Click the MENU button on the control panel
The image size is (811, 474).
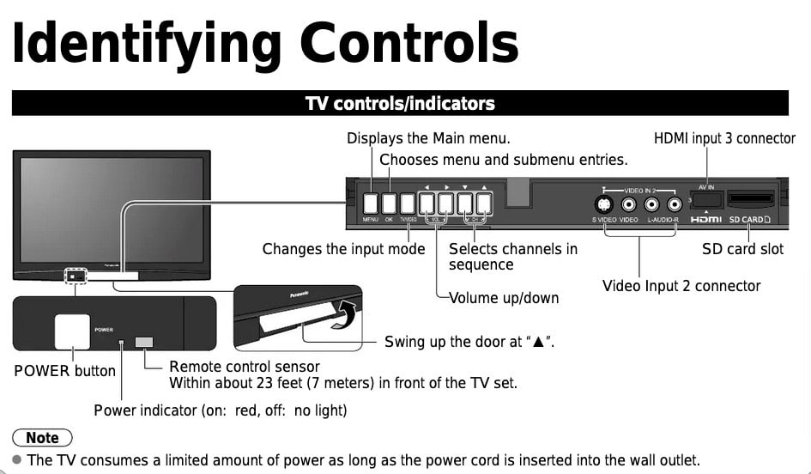[x=370, y=204]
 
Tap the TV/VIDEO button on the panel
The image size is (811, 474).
[x=409, y=204]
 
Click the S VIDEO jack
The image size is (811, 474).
[x=605, y=204]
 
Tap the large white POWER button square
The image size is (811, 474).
[x=72, y=331]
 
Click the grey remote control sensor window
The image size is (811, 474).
[x=144, y=343]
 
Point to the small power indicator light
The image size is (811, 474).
[x=121, y=343]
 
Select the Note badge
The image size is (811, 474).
[x=42, y=438]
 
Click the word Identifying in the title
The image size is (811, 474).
[x=146, y=42]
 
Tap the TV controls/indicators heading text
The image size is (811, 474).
[x=400, y=104]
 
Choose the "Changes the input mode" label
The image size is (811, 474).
[x=343, y=249]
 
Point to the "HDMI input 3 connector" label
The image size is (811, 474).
[x=724, y=138]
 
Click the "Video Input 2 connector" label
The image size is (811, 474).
[x=681, y=286]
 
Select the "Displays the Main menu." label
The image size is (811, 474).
[x=428, y=138]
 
